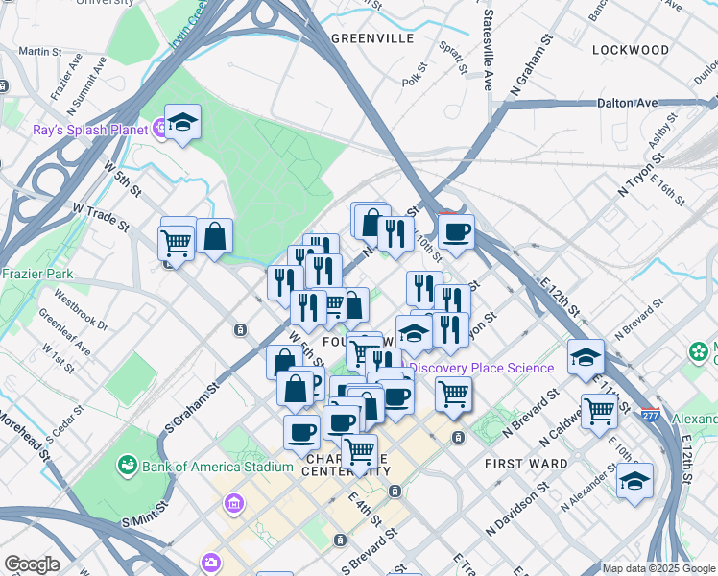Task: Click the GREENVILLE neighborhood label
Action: (371, 38)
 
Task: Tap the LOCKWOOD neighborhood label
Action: (630, 49)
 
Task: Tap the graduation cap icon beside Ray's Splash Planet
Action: (182, 123)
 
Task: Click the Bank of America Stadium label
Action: (217, 467)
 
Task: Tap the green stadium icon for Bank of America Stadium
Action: (126, 467)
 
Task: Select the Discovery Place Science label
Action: (482, 368)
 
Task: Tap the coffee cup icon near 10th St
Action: (456, 230)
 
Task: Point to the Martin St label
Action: (34, 51)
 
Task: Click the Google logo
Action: (32, 564)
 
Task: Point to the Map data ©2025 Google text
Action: (658, 568)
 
